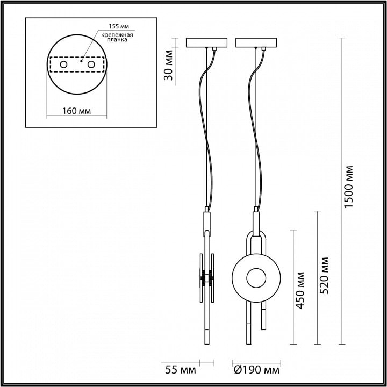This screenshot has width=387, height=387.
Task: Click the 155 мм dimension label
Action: point(119,26)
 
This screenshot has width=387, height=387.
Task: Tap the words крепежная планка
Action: point(117,37)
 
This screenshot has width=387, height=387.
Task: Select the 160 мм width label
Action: point(76,111)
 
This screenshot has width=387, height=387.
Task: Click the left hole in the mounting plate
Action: point(63,64)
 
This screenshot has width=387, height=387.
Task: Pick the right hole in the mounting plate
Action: point(91,64)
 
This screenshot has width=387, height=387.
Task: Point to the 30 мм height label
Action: point(169,65)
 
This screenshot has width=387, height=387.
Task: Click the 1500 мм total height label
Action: point(349,187)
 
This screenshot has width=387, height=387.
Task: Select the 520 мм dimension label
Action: point(324,275)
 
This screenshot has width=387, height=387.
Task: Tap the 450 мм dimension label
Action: point(300,290)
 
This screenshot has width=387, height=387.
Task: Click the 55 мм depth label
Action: point(181,370)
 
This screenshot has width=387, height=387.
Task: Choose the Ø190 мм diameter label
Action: point(257,370)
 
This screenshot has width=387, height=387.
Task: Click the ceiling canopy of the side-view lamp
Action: point(206,42)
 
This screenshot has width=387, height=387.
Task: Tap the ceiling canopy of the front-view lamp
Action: point(256,42)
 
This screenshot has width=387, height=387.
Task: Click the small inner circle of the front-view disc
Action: point(256,278)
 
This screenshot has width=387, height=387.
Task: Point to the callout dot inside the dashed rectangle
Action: point(81,61)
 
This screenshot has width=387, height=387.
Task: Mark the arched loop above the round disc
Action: point(256,243)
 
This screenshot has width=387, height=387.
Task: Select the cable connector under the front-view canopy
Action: point(263,49)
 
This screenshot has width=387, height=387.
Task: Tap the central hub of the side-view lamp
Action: point(207,278)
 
